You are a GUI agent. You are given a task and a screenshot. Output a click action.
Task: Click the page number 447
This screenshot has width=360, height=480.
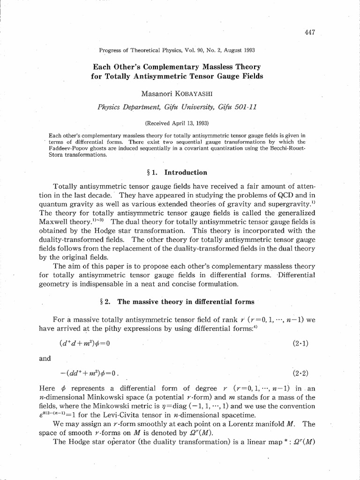pos(309,32)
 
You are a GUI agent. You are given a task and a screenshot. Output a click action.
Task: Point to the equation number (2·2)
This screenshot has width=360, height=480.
pos(300,374)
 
